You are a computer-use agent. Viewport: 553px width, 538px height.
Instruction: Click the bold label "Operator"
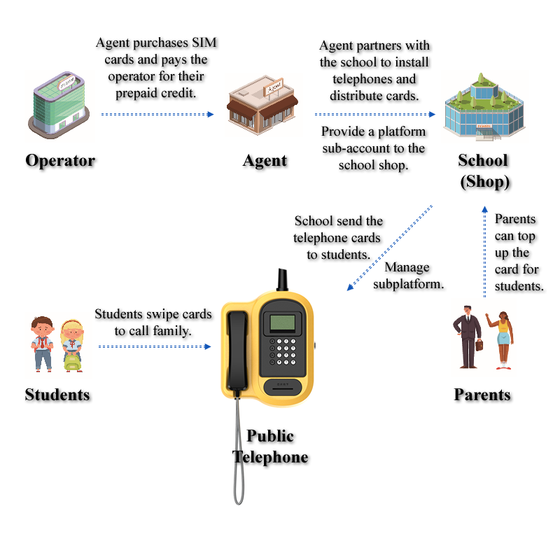(x=60, y=160)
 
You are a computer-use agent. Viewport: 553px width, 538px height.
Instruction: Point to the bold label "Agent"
(x=265, y=160)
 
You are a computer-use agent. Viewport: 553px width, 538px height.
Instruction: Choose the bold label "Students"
(x=57, y=395)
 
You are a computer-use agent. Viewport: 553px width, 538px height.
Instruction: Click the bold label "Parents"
(x=482, y=395)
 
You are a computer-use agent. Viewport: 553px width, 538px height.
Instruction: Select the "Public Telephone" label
(x=270, y=446)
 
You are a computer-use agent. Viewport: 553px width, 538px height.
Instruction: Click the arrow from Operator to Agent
(x=157, y=113)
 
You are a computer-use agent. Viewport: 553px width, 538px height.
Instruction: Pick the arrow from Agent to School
(x=375, y=113)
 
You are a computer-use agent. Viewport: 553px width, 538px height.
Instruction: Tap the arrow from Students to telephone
(x=154, y=346)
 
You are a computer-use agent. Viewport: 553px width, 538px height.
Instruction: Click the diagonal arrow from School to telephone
(x=390, y=248)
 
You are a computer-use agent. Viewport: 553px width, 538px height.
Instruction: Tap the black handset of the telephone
(x=237, y=348)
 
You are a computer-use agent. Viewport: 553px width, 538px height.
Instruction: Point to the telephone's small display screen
(x=283, y=322)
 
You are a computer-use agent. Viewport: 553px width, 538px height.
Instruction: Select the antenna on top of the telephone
(x=282, y=279)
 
